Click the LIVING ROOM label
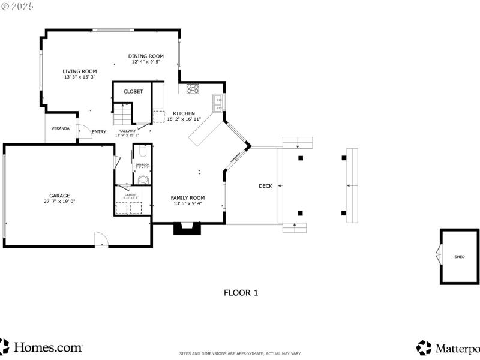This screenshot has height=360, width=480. click(x=80, y=71)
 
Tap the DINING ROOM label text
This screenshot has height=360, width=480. click(x=145, y=56)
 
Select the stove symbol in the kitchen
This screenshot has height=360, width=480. click(x=193, y=89)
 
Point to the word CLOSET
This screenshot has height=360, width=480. click(x=133, y=92)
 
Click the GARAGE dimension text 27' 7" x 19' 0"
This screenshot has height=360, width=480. click(x=59, y=202)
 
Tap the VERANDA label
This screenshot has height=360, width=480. click(x=60, y=128)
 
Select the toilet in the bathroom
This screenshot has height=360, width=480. click(x=142, y=151)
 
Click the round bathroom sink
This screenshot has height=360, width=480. click(x=143, y=179)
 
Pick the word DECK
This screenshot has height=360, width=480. click(x=265, y=186)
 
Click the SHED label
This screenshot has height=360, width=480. click(x=460, y=257)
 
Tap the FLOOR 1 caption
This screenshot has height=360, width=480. click(x=241, y=293)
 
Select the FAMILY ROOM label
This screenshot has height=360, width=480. click(x=188, y=198)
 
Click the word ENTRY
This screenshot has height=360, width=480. click(x=99, y=132)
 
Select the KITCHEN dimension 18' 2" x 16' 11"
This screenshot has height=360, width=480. click(x=184, y=119)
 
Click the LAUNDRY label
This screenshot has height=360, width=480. click(x=130, y=194)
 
